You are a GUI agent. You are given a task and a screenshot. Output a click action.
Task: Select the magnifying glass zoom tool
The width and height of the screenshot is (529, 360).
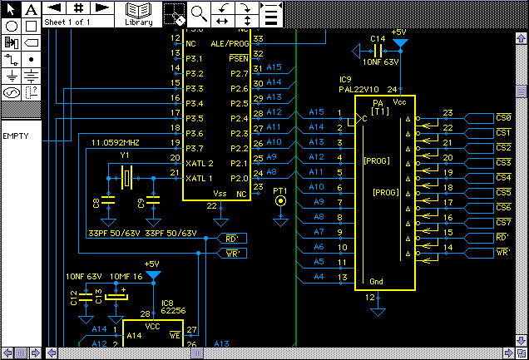(x=199, y=12)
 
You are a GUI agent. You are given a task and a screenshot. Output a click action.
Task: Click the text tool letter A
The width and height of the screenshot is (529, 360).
(x=30, y=9)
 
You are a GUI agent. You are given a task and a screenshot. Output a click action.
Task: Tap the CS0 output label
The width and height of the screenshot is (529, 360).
(x=502, y=118)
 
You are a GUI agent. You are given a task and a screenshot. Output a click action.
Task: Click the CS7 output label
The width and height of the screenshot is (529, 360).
(x=502, y=223)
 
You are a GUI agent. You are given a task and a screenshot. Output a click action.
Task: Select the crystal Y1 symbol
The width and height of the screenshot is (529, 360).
(x=127, y=176)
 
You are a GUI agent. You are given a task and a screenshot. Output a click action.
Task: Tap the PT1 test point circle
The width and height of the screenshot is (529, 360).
(x=280, y=200)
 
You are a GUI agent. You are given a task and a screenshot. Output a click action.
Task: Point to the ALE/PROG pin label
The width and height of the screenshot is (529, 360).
(x=229, y=43)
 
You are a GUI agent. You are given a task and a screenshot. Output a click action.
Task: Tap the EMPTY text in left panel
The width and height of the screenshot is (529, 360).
(x=17, y=136)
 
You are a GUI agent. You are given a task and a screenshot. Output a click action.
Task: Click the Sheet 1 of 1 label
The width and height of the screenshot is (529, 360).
(x=67, y=22)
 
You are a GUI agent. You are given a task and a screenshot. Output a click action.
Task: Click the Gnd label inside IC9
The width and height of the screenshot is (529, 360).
(x=376, y=281)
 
